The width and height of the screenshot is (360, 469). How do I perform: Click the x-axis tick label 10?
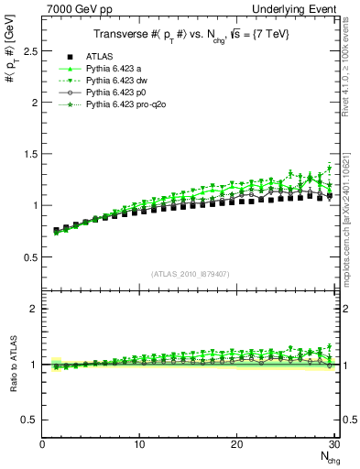[139, 444]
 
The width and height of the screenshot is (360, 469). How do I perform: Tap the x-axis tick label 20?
[236, 444]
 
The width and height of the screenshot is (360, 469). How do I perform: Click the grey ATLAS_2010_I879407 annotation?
[190, 274]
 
